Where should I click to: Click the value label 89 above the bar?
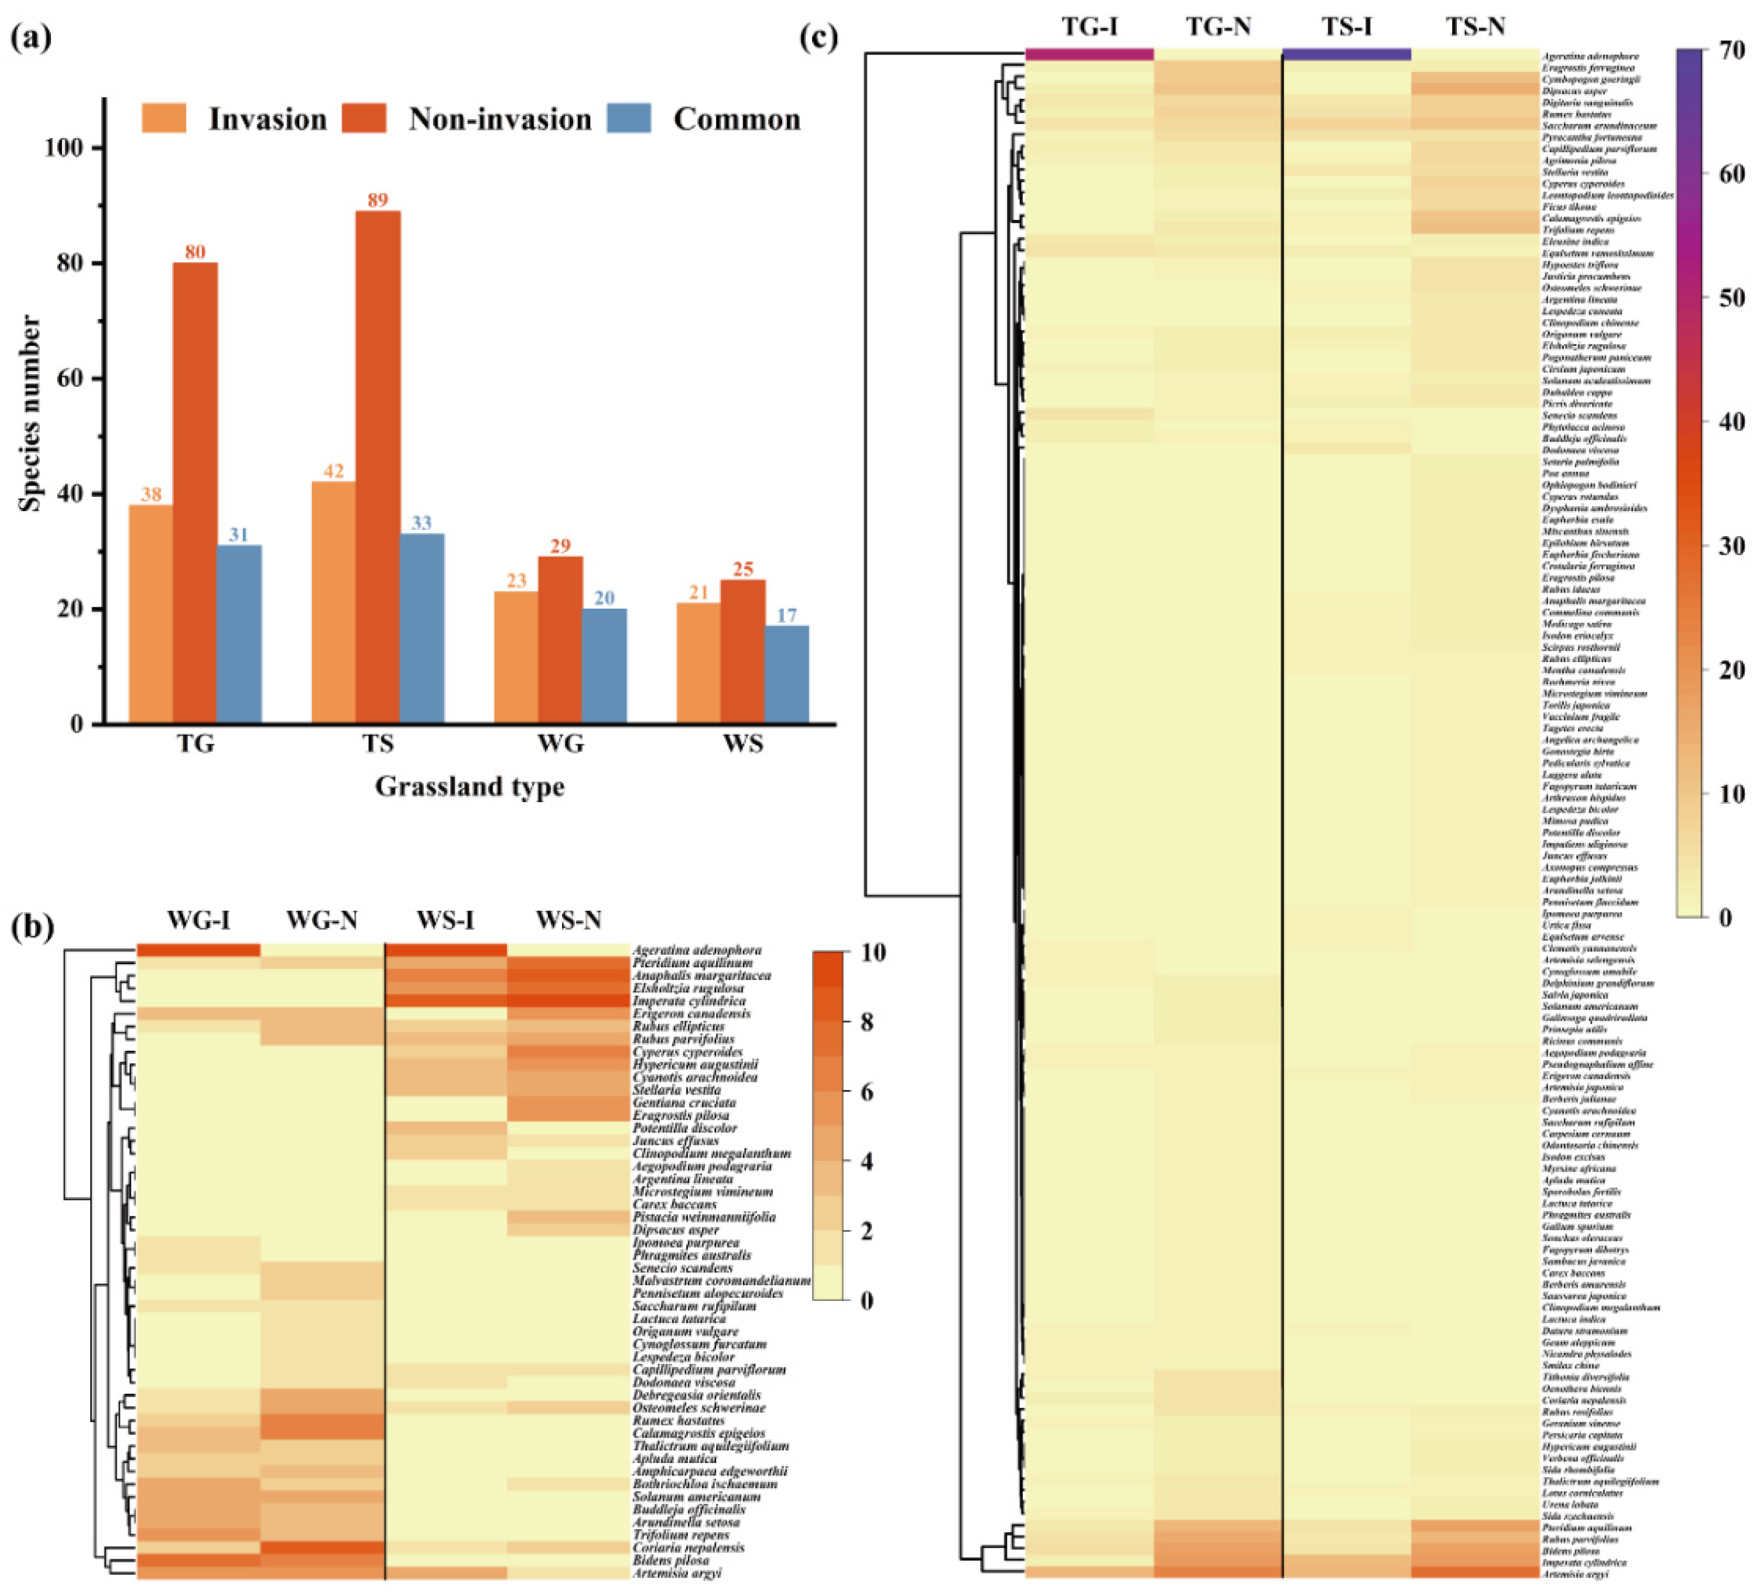point(377,200)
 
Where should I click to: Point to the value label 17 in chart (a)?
point(786,616)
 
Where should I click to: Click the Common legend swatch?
point(629,119)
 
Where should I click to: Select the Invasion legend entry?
point(267,119)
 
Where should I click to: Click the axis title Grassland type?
point(470,787)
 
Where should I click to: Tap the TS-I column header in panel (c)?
point(1346,26)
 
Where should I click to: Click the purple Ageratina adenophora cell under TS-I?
point(1346,54)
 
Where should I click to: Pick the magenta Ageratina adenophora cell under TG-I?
point(1089,54)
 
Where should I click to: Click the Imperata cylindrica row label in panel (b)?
point(689,1001)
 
